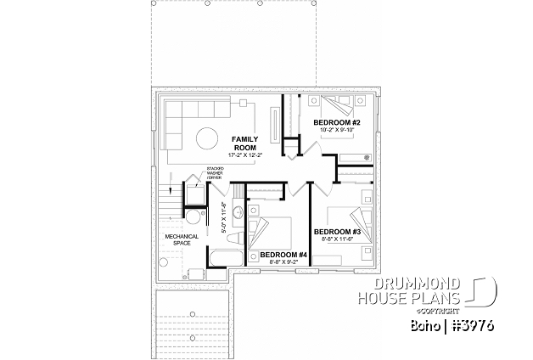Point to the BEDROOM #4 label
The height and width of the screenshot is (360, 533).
(283, 255)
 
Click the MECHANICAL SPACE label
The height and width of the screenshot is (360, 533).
(182, 239)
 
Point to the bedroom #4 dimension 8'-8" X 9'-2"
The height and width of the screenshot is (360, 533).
(283, 263)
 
